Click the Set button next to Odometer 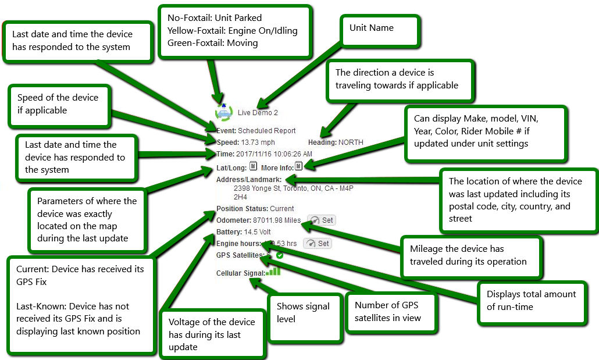tap(321, 220)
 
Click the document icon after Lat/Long tap(253, 166)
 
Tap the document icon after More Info tap(298, 166)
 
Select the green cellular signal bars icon tap(274, 271)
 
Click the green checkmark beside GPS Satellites tap(280, 255)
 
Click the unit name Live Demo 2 tap(258, 113)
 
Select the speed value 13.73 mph tap(258, 142)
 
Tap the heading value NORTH tap(351, 142)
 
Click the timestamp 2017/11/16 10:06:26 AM tap(274, 154)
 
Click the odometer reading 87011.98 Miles tap(277, 220)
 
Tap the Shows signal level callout tap(304, 318)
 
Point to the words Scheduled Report tap(267, 131)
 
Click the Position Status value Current tap(282, 208)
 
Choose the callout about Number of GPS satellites tap(390, 312)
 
